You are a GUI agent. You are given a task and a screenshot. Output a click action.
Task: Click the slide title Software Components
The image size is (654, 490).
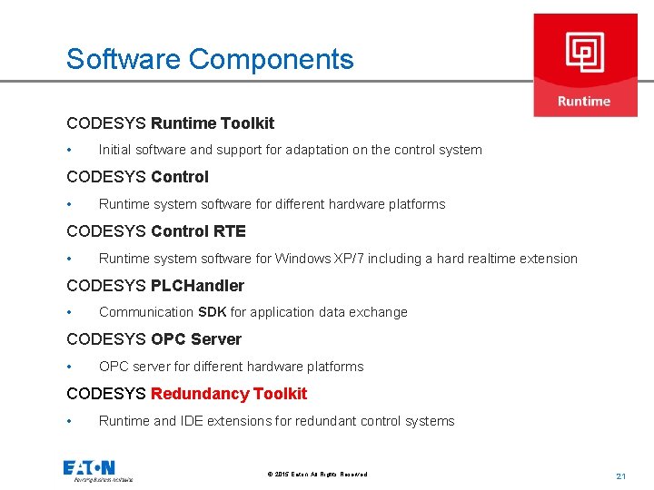[210, 59]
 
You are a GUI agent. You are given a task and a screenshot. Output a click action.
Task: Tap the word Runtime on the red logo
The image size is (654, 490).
[584, 101]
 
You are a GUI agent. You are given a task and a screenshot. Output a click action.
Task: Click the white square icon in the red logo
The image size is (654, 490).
[585, 51]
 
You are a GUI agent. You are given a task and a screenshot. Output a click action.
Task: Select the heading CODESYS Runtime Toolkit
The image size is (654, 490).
[170, 122]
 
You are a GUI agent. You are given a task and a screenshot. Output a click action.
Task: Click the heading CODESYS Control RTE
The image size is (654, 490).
[156, 231]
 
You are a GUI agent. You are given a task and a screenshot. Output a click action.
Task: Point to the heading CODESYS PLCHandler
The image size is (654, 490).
[155, 286]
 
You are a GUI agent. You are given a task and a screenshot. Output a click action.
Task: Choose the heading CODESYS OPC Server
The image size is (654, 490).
[154, 339]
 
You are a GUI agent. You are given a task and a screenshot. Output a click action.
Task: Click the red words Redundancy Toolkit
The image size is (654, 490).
[229, 394]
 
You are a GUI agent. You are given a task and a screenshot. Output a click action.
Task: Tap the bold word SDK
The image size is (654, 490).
[213, 312]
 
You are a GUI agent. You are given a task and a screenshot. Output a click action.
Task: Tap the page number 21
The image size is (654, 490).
[621, 475]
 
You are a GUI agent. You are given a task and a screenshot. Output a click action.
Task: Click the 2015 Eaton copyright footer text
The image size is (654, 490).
[317, 475]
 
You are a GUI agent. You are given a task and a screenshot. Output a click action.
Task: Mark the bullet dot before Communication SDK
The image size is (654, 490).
[69, 312]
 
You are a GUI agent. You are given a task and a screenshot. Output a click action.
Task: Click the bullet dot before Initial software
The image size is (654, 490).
[69, 150]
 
